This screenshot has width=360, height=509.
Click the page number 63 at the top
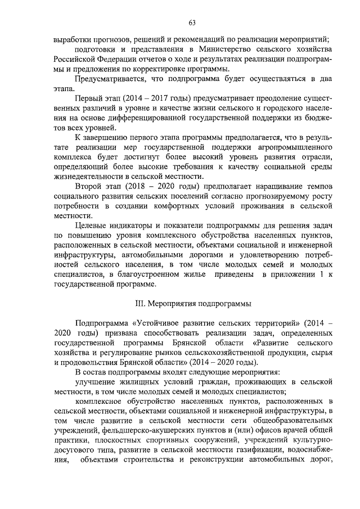tap(192, 22)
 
